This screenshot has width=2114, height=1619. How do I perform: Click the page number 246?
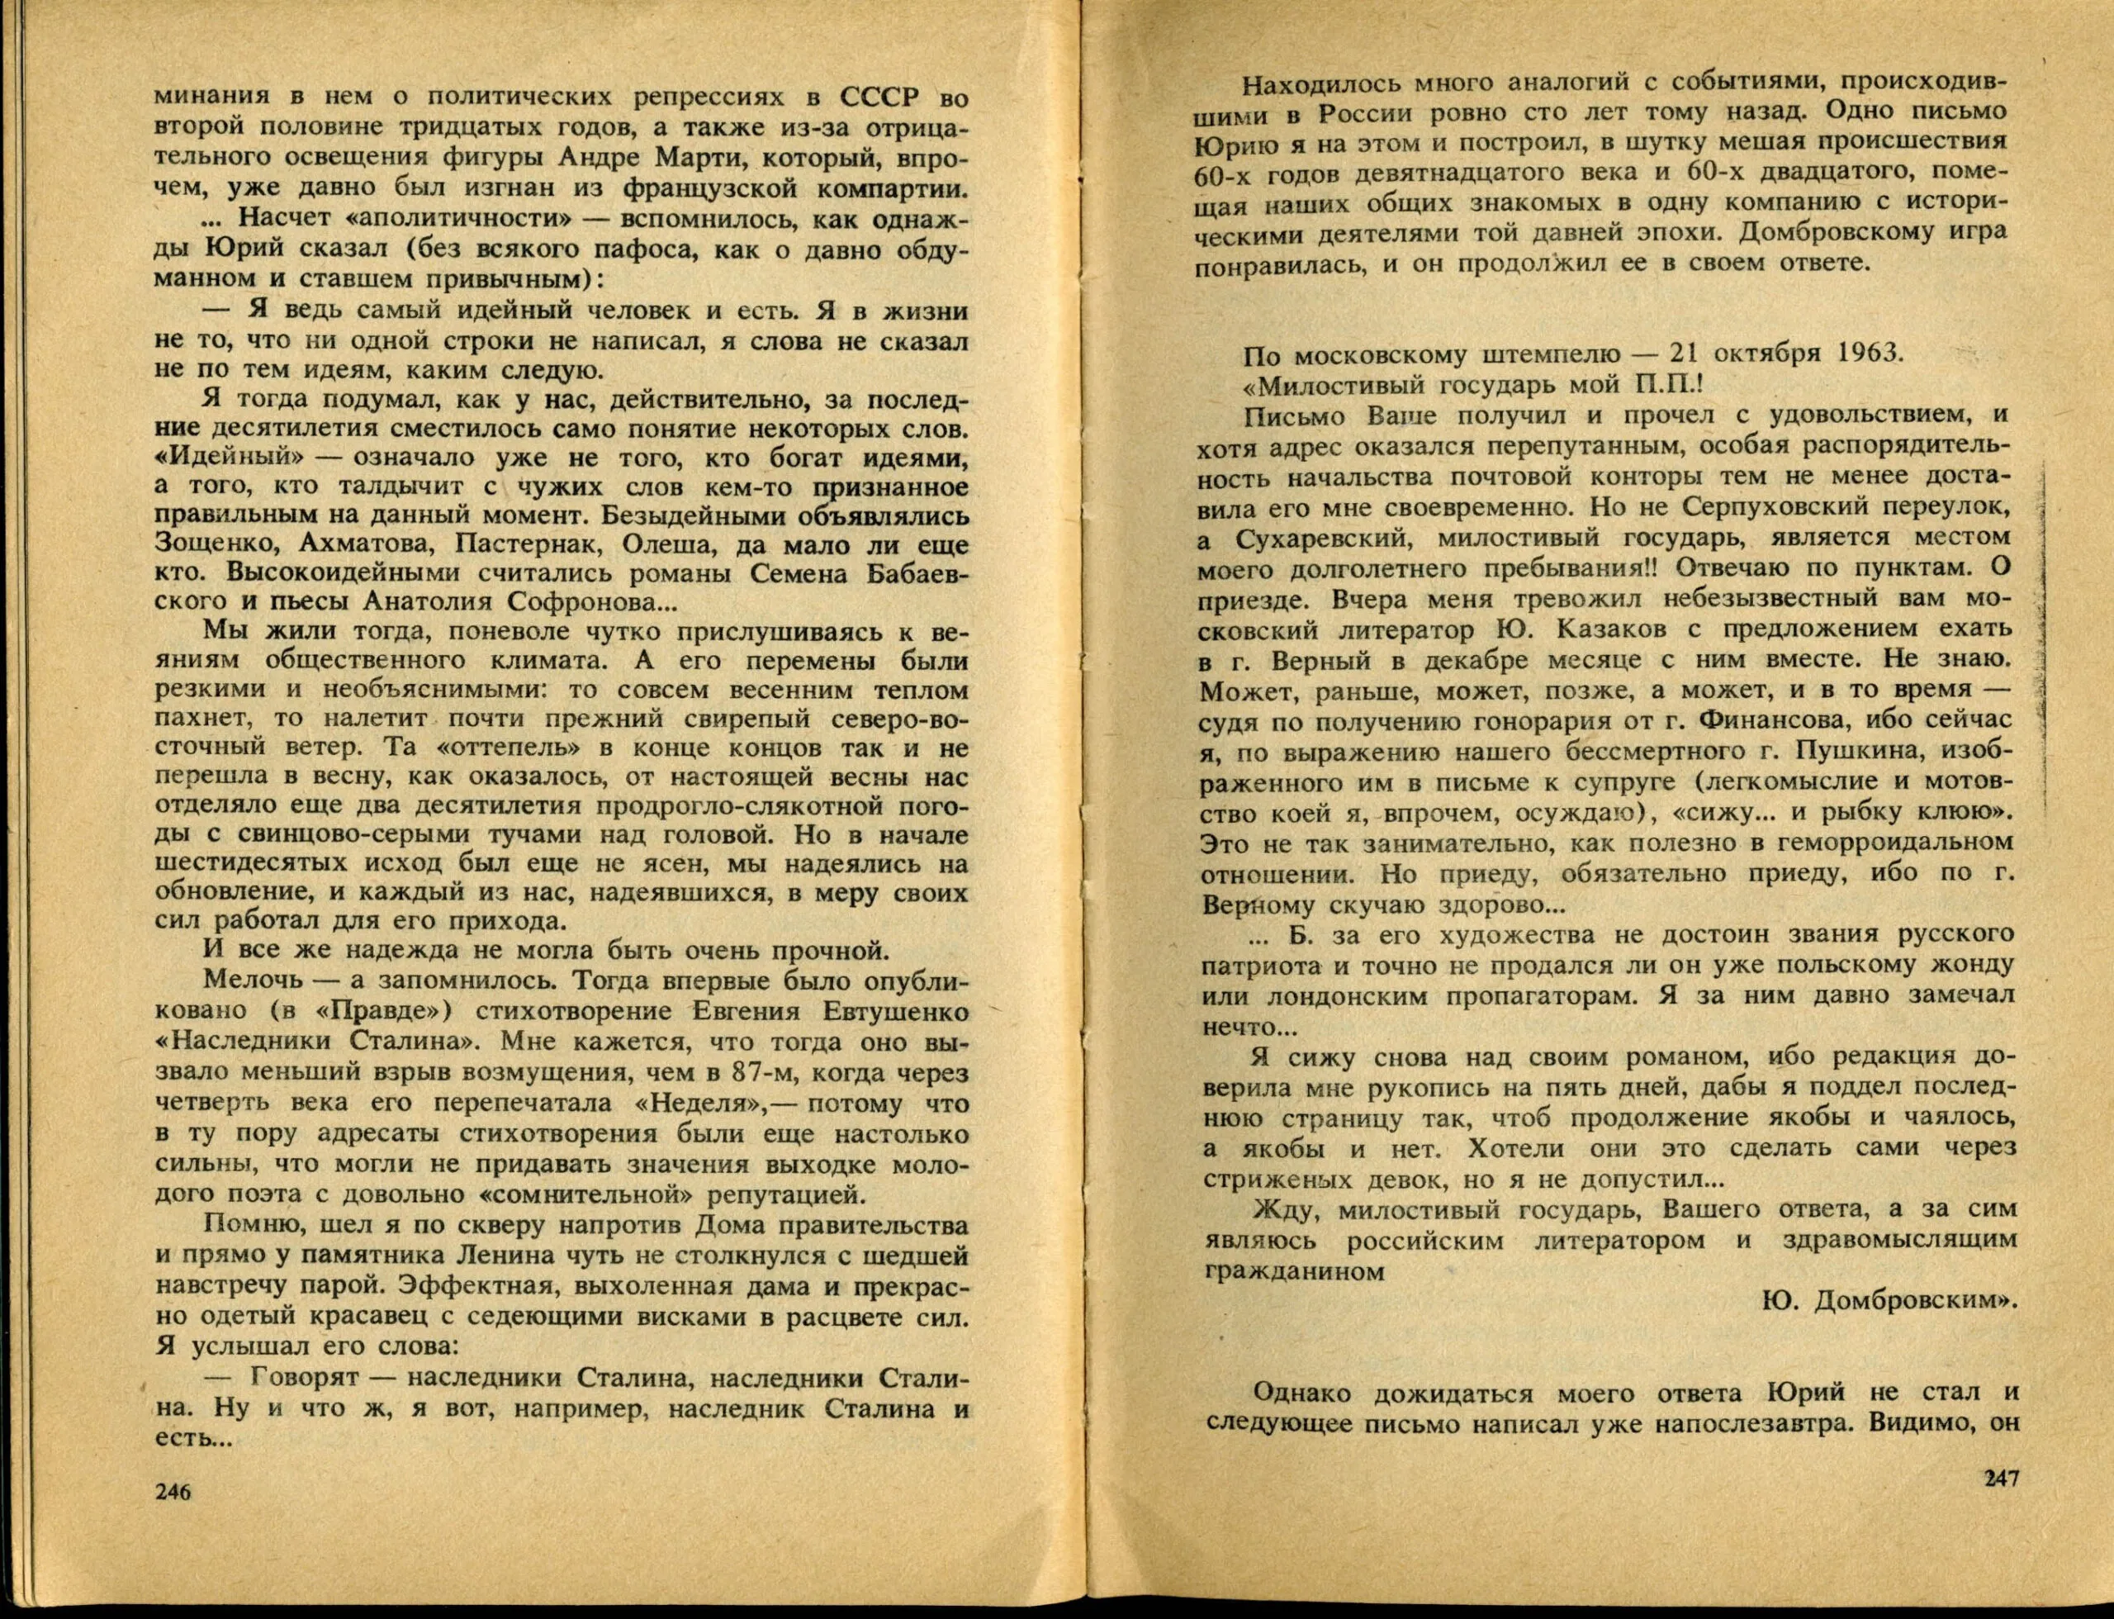pyautogui.click(x=173, y=1519)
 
